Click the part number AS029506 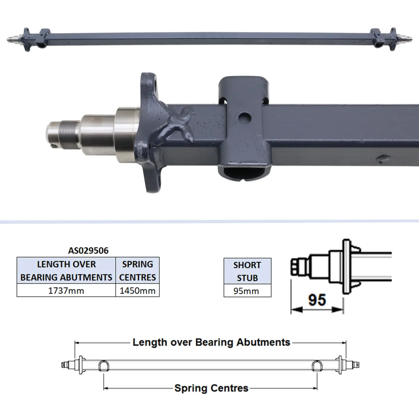tap(88, 251)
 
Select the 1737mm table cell tap(66, 290)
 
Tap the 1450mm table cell tap(137, 290)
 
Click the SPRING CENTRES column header tap(137, 271)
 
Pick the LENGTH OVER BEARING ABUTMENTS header tap(66, 271)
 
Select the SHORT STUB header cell tap(247, 271)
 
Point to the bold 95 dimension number tap(317, 300)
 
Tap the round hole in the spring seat tap(244, 117)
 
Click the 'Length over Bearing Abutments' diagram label tap(211, 342)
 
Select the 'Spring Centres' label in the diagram tap(211, 388)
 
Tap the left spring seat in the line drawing tap(103, 365)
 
